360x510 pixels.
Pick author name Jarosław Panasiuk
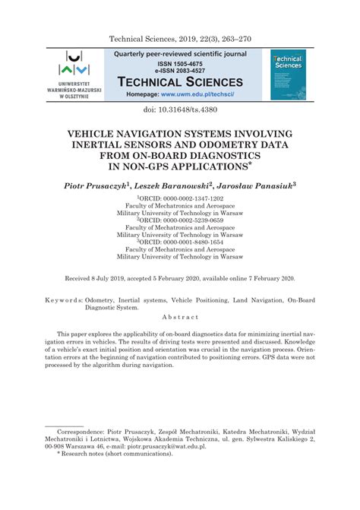254,185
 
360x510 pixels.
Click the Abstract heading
179,316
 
